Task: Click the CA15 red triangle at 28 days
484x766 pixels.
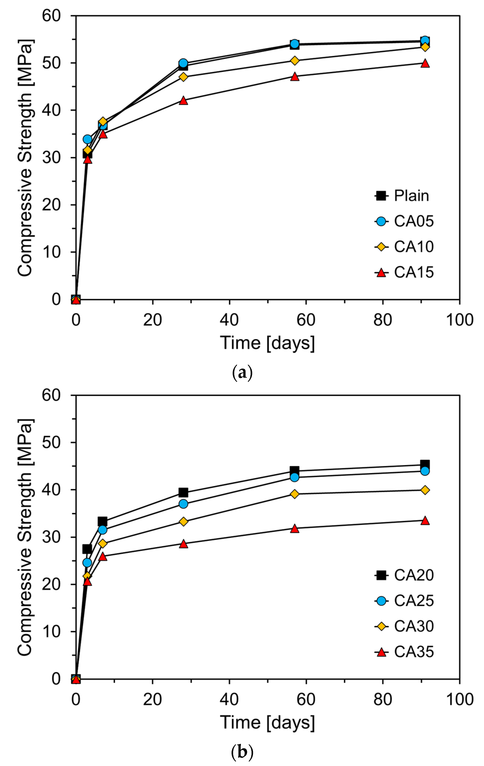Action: click(x=183, y=101)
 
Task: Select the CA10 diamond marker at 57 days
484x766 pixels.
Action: click(x=295, y=61)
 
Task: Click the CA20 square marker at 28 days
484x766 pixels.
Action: click(x=183, y=492)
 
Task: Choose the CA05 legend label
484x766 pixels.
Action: click(x=414, y=221)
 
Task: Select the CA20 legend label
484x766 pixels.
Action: click(x=414, y=575)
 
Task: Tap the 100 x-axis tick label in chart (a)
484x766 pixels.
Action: click(x=459, y=320)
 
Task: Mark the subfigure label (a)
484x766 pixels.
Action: click(x=242, y=372)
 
